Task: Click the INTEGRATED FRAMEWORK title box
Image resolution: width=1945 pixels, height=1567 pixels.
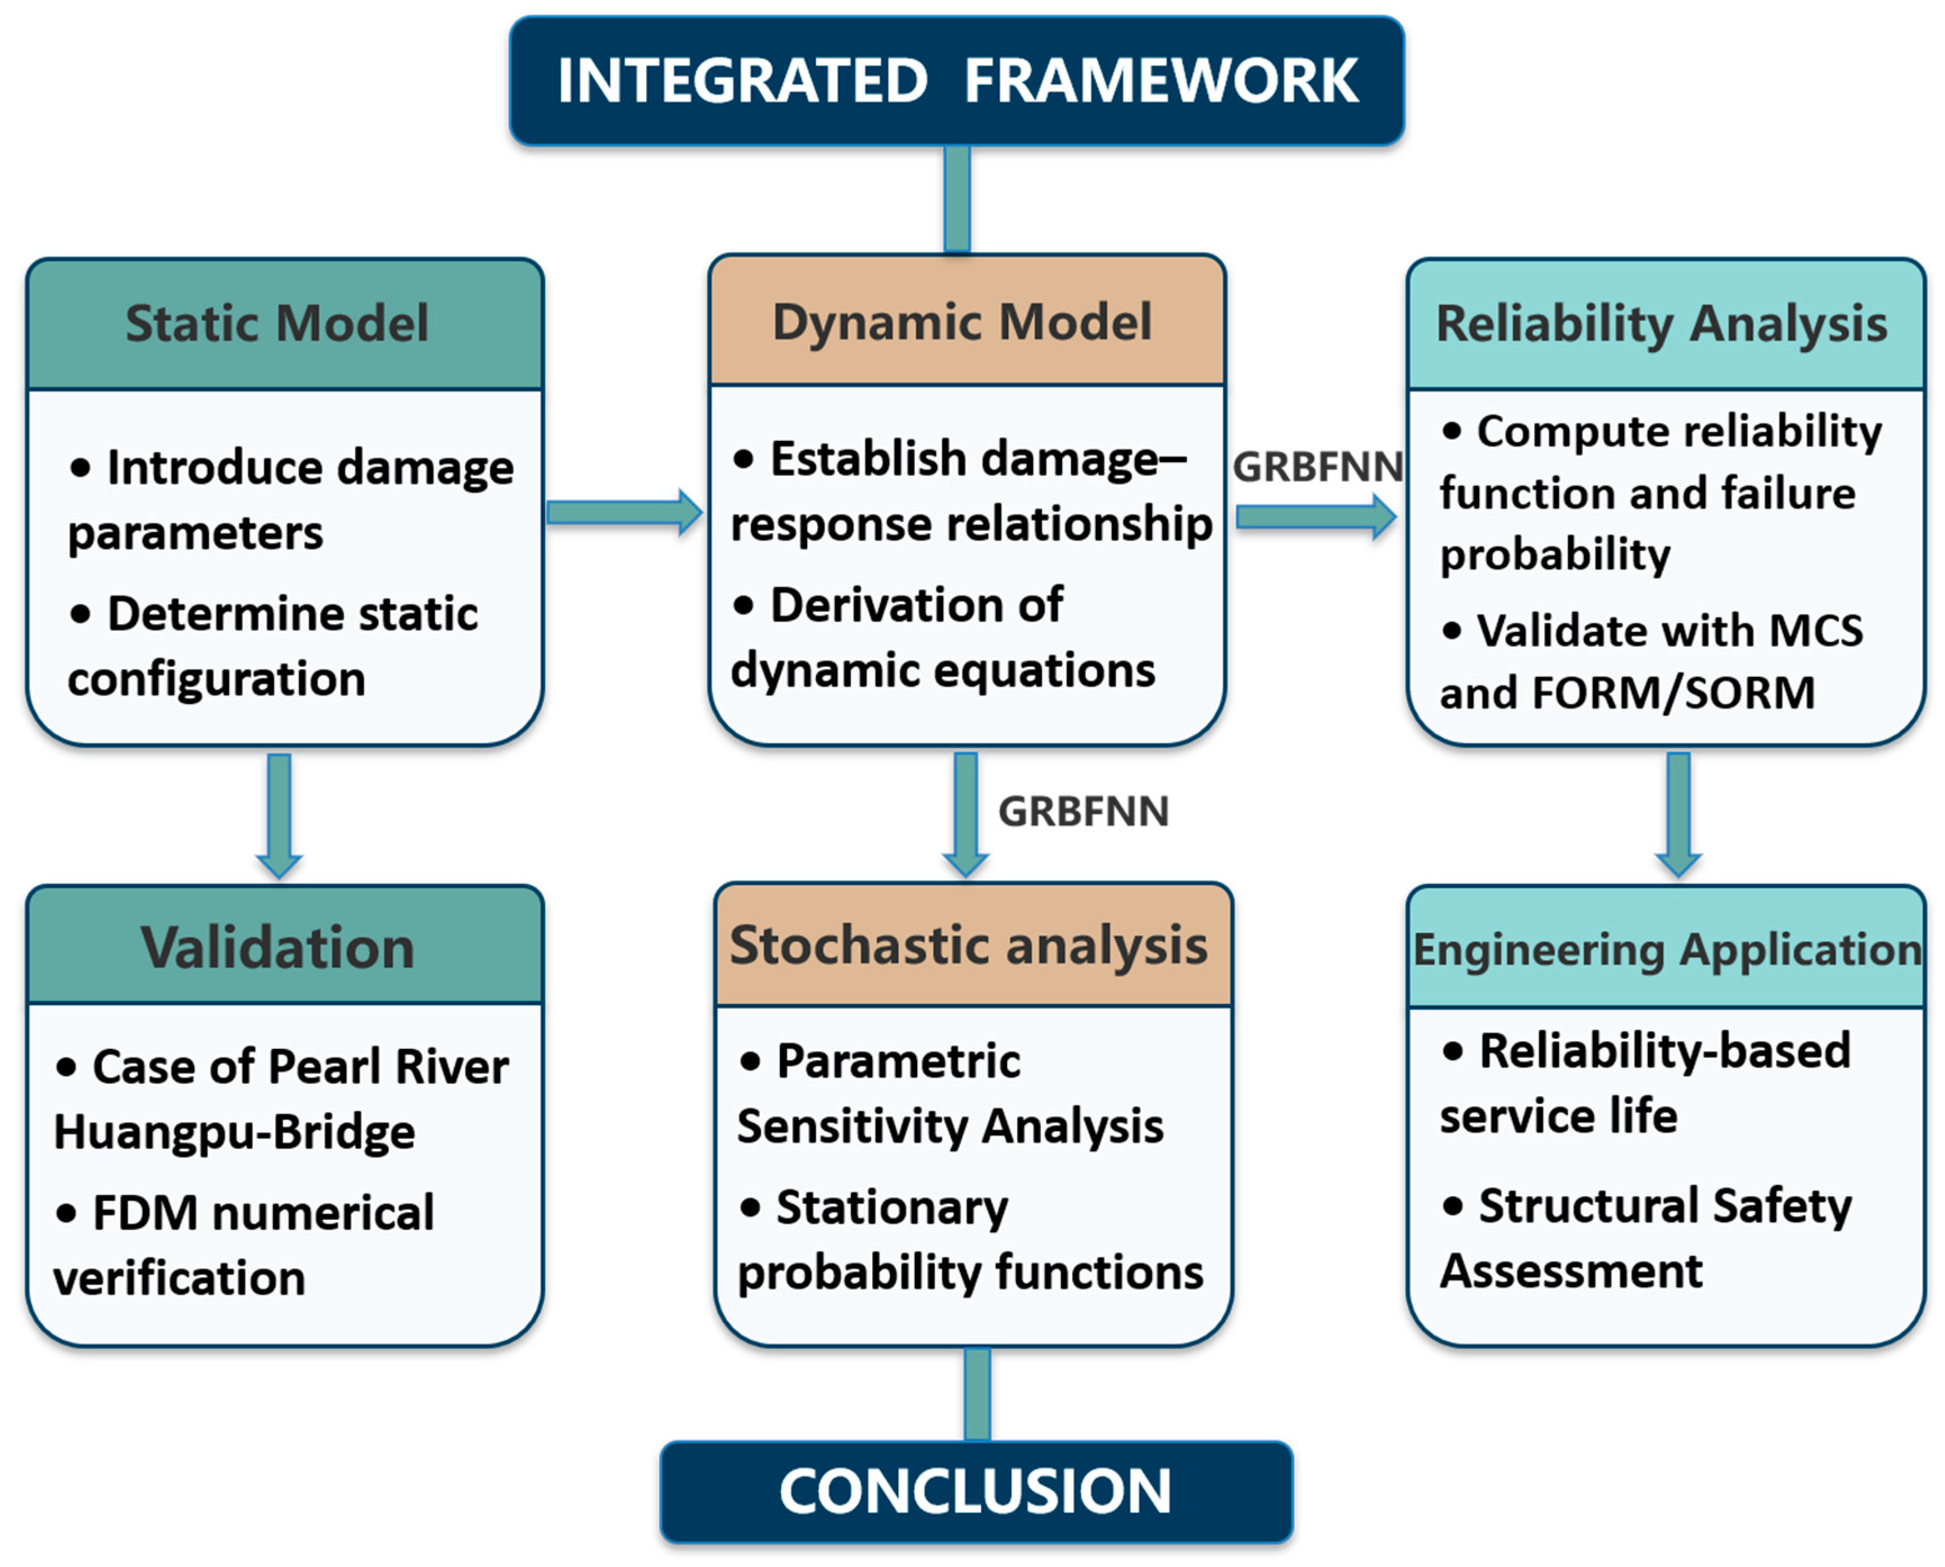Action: click(x=956, y=80)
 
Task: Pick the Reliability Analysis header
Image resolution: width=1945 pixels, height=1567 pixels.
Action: click(x=1666, y=324)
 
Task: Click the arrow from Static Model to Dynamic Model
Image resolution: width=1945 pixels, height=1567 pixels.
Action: click(x=625, y=513)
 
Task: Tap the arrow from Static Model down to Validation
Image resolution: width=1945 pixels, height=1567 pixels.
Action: click(x=279, y=816)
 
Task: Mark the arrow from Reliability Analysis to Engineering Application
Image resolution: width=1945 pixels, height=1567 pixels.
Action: click(x=1679, y=815)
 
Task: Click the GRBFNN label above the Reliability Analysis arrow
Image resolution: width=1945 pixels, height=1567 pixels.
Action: click(x=1317, y=467)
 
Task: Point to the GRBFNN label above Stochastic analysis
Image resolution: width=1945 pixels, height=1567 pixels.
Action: click(x=1083, y=811)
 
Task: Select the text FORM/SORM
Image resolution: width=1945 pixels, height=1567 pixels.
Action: click(x=1673, y=693)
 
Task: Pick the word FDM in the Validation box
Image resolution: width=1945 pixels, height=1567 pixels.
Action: click(x=146, y=1212)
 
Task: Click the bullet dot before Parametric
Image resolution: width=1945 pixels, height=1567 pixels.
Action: click(x=750, y=1061)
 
